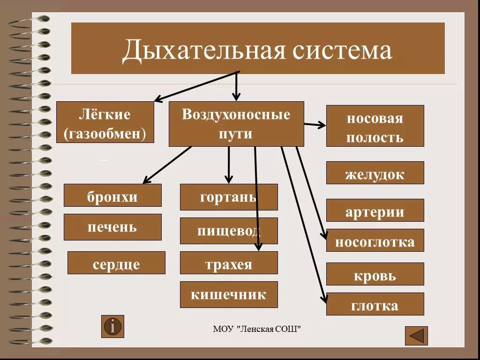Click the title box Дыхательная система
click(258, 48)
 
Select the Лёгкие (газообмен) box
click(105, 122)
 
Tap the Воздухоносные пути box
click(236, 124)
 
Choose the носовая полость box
click(375, 126)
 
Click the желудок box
click(375, 173)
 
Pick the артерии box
click(375, 210)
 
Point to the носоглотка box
click(375, 240)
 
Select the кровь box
click(375, 274)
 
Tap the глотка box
click(375, 304)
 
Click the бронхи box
click(112, 195)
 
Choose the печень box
click(112, 227)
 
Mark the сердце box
click(116, 263)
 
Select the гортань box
click(229, 197)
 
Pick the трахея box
click(229, 263)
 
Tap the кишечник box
click(229, 295)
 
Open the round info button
click(113, 326)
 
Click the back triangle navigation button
click(416, 336)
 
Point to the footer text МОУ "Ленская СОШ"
click(257, 330)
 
